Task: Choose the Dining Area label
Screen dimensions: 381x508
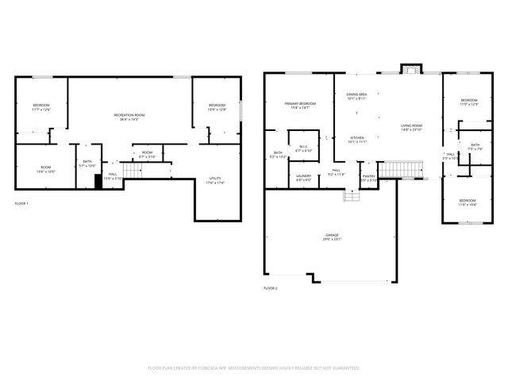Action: (x=356, y=96)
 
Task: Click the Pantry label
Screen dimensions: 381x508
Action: (x=368, y=178)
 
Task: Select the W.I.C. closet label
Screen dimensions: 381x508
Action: (x=303, y=148)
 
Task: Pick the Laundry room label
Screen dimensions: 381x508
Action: (x=303, y=178)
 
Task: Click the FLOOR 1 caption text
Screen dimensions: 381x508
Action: (x=21, y=204)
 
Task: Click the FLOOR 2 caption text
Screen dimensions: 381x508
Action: (x=270, y=287)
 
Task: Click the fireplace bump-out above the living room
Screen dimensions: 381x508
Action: (x=410, y=69)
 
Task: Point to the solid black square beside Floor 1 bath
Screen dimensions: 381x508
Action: (x=98, y=181)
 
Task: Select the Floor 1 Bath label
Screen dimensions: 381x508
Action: (x=87, y=164)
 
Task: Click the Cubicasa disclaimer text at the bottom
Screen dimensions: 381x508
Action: (x=254, y=368)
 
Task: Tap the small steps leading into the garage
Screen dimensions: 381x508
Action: (x=348, y=193)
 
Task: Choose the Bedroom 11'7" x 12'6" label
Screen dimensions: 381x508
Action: (x=41, y=108)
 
